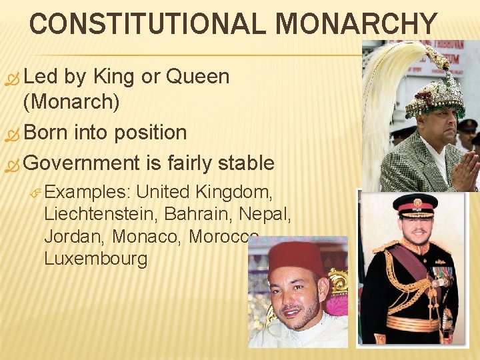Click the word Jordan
(74, 236)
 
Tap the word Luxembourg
(95, 258)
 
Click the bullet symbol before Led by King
(13, 77)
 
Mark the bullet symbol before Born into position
(13, 133)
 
